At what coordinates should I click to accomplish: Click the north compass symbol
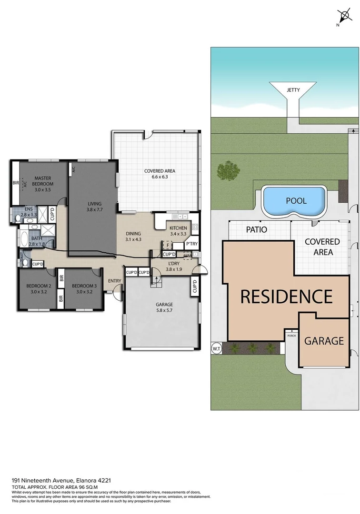click(x=342, y=16)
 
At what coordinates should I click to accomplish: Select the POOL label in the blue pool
click(x=296, y=201)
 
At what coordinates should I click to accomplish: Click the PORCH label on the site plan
click(x=291, y=336)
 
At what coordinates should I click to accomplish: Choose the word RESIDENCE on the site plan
click(x=286, y=297)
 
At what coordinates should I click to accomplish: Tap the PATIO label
click(x=256, y=229)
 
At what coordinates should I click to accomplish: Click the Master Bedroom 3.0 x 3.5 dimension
click(x=42, y=189)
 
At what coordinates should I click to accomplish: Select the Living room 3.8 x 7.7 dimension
click(x=94, y=209)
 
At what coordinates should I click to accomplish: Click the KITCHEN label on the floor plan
click(x=179, y=228)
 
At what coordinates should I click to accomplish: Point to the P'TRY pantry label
click(x=192, y=244)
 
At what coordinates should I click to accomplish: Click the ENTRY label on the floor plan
click(x=114, y=281)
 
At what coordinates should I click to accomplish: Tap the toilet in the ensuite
click(x=18, y=218)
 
